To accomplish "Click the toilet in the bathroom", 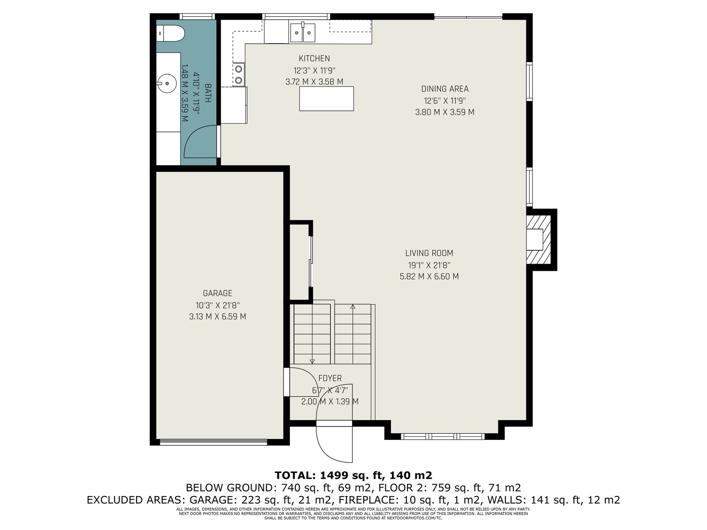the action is (x=171, y=33).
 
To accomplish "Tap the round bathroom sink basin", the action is (x=167, y=83).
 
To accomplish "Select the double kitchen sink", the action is (x=302, y=32).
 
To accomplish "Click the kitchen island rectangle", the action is (x=326, y=98).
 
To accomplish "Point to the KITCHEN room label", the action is (x=314, y=59).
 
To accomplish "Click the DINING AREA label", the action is (x=445, y=89).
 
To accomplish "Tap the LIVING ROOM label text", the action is (x=429, y=253).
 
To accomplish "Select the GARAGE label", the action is (x=217, y=293).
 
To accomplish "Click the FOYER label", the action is (x=330, y=379).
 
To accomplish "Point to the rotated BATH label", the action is (x=208, y=93).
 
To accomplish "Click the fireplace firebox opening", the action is (x=535, y=239).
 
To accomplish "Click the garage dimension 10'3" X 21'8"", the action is (x=217, y=305).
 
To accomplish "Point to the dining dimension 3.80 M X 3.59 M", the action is (x=445, y=112).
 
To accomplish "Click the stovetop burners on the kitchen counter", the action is (x=239, y=74).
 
